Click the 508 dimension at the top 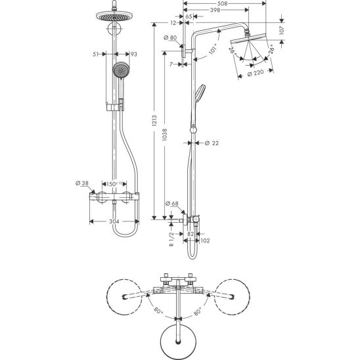222,3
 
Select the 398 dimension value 215,10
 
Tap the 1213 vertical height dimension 154,121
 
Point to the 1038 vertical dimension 164,135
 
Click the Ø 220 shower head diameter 256,73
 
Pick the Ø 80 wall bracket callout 170,37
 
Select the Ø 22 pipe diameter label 212,143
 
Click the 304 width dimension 114,221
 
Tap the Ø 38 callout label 82,183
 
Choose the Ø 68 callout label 171,204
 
